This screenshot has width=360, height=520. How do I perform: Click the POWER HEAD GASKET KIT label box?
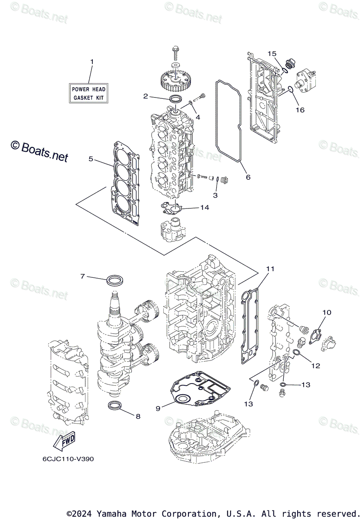pyautogui.click(x=89, y=93)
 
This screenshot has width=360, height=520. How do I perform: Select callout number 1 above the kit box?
pyautogui.click(x=91, y=62)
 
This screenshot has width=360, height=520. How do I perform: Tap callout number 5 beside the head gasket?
pyautogui.click(x=91, y=159)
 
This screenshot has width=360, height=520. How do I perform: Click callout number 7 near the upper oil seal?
pyautogui.click(x=82, y=276)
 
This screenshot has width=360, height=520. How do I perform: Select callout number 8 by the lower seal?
pyautogui.click(x=138, y=416)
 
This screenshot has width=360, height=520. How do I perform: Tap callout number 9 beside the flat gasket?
pyautogui.click(x=158, y=408)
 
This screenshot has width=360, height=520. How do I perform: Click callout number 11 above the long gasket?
pyautogui.click(x=270, y=269)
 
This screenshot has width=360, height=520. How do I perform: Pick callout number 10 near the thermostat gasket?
pyautogui.click(x=327, y=312)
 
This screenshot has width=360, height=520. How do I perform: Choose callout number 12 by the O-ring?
pyautogui.click(x=315, y=366)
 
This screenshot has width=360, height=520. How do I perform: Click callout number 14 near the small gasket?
pyautogui.click(x=204, y=208)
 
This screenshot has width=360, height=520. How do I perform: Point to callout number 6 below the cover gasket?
pyautogui.click(x=248, y=177)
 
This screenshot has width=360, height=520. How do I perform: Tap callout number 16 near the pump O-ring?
pyautogui.click(x=300, y=110)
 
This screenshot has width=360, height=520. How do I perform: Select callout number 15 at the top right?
pyautogui.click(x=272, y=53)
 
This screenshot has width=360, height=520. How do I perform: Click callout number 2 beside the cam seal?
pyautogui.click(x=146, y=96)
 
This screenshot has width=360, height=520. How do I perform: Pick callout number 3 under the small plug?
pyautogui.click(x=215, y=196)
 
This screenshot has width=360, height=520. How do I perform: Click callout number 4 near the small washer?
pyautogui.click(x=197, y=117)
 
